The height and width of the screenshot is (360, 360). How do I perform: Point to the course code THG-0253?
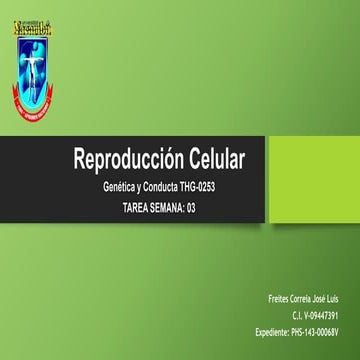tap(218, 187)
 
